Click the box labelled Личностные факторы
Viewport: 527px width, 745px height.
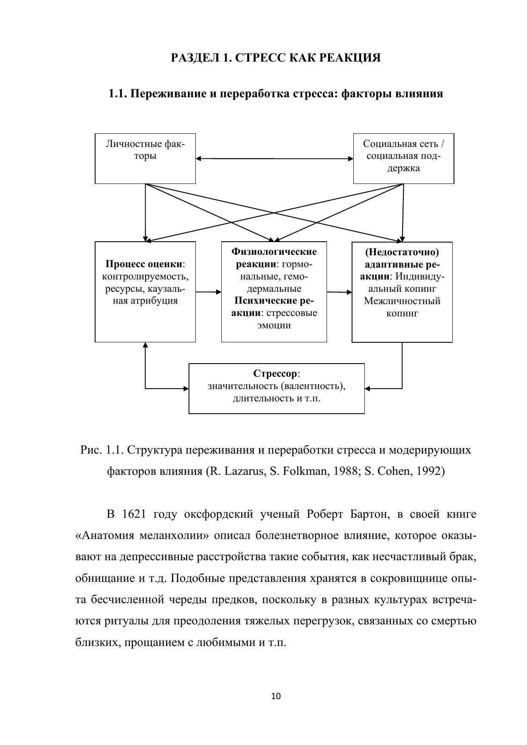click(x=145, y=158)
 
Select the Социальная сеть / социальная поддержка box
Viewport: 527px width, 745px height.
click(x=403, y=158)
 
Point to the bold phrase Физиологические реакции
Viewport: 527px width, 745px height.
click(x=274, y=258)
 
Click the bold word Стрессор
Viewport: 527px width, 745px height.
click(x=276, y=374)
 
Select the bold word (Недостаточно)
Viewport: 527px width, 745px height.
click(x=402, y=252)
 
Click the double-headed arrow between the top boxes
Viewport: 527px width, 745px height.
click(x=274, y=159)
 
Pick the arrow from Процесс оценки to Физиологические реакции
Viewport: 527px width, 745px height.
click(x=209, y=292)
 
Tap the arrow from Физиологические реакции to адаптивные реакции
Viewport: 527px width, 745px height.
click(x=339, y=292)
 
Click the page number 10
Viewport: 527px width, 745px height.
click(x=276, y=696)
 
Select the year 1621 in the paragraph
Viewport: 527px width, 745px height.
click(x=134, y=514)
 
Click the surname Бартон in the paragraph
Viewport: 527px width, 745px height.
click(x=370, y=514)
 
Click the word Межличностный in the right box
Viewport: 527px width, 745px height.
click(x=402, y=301)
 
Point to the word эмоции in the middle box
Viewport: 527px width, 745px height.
click(x=274, y=325)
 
